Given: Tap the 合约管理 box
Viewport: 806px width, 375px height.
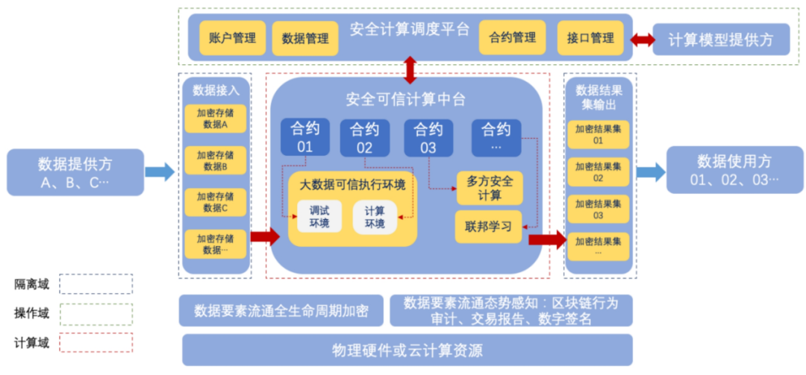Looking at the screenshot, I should [x=512, y=37].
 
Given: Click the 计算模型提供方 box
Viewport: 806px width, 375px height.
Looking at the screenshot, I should [x=721, y=40].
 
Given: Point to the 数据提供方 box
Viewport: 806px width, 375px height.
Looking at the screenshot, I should [x=75, y=172].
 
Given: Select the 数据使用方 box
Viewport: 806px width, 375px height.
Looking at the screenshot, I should [x=734, y=170].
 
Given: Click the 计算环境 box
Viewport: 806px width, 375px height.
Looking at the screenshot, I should [x=375, y=217].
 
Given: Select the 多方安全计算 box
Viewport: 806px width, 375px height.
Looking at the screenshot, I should [x=489, y=188].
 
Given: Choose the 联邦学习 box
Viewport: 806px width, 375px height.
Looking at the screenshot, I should [x=489, y=227].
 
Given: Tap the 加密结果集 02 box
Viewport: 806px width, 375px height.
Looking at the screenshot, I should [x=598, y=172].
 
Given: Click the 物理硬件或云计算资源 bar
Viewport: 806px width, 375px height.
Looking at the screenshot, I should [x=407, y=350].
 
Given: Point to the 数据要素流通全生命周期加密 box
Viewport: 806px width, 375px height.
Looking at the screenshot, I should [x=281, y=311].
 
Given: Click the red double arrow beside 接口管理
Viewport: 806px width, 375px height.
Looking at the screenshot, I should [x=642, y=39].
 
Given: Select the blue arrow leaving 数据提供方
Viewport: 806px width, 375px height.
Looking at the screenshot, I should [x=159, y=172].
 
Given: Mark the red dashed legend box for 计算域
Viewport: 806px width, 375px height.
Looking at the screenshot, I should [x=96, y=342].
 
